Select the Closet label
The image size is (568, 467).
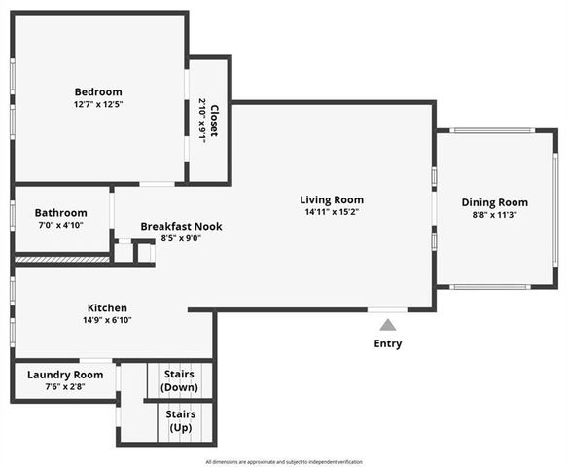pos(214,121)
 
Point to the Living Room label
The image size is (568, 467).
pos(331,200)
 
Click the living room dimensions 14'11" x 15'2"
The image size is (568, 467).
pos(331,212)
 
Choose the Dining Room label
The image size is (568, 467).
pos(494,203)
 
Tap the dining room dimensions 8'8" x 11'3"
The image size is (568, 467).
pos(494,215)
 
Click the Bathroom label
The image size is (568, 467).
pos(60,213)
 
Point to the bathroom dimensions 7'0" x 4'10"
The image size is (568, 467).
pos(60,225)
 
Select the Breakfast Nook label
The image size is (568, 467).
pos(181,227)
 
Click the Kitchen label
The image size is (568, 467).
pos(107,308)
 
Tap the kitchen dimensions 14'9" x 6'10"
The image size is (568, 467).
pos(107,320)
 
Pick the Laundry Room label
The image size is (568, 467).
pos(65,375)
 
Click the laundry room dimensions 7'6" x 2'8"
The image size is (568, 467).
pos(65,386)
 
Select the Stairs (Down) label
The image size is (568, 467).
pos(180,380)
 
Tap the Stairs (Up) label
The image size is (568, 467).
pos(180,421)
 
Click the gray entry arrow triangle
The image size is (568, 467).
pos(388,325)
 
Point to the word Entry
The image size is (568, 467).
pos(388,343)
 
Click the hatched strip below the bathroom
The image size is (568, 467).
pos(61,259)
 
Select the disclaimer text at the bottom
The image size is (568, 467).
pos(284,461)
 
